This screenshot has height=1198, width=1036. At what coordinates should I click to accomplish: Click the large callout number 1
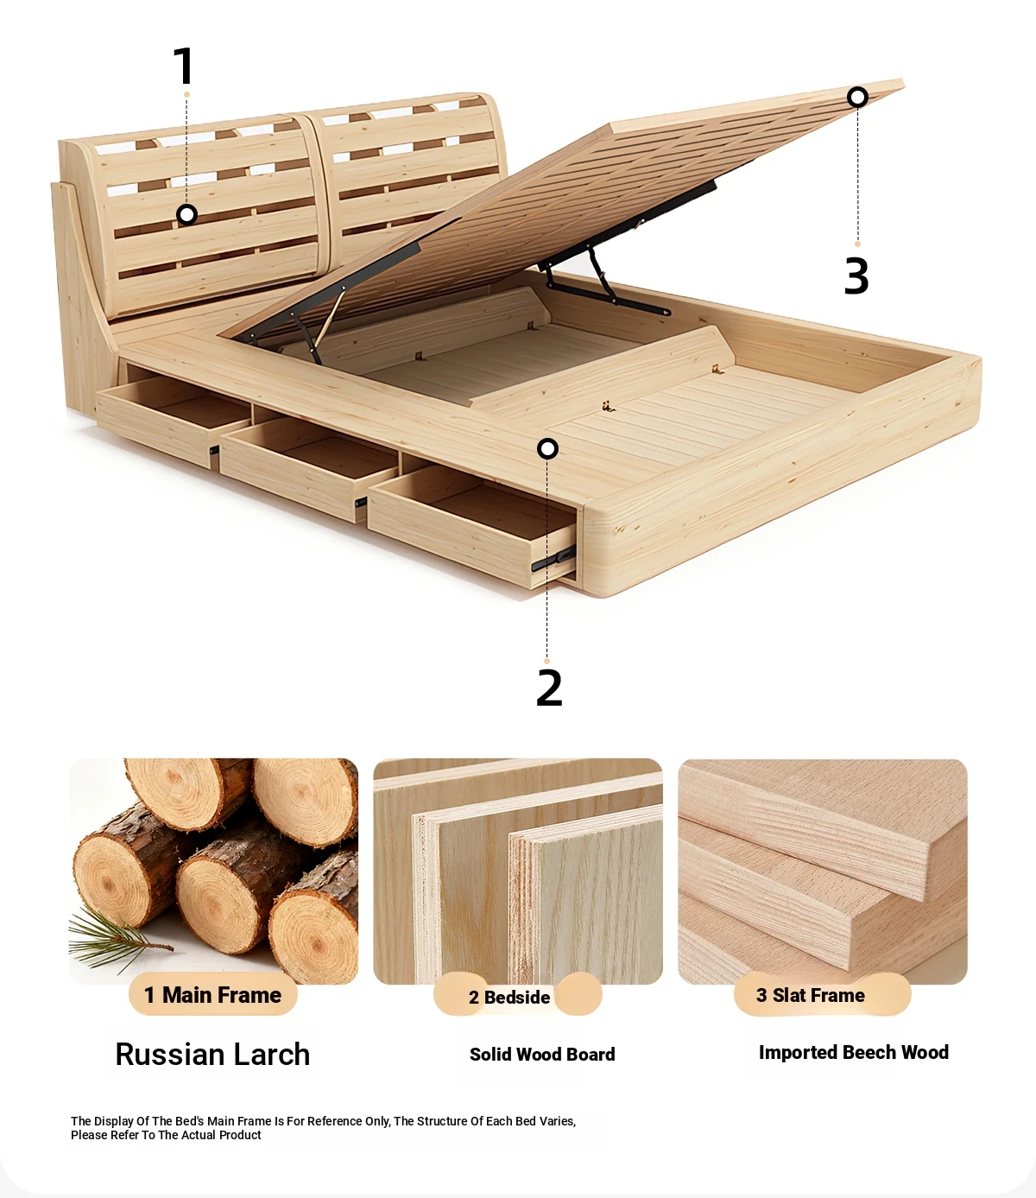coord(184,66)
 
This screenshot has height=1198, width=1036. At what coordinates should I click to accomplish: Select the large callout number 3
coord(856,276)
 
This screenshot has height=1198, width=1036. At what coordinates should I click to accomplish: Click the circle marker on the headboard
coord(186,215)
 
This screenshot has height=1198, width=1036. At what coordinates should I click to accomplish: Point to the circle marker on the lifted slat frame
coord(857,97)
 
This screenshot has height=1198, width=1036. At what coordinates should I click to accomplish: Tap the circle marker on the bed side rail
coord(547,448)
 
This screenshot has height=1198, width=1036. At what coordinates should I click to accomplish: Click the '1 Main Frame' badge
coord(212,995)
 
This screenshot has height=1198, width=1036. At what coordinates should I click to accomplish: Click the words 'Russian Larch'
coord(212,1055)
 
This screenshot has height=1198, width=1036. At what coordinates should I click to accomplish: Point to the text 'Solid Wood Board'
coord(542,1055)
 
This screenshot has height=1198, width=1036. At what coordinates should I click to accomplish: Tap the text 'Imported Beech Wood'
coord(854,1052)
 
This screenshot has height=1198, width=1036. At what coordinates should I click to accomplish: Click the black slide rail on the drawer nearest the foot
coord(553,560)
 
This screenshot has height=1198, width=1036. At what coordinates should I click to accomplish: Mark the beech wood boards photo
coord(823,872)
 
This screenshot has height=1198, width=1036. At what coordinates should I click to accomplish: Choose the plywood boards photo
coord(517,872)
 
